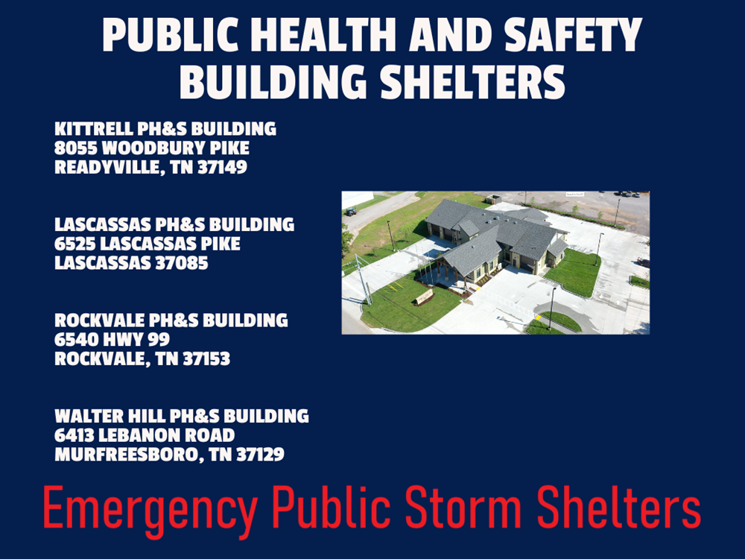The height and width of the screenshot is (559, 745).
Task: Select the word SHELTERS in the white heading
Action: pyautogui.click(x=472, y=81)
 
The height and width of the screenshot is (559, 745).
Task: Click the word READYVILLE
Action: pyautogui.click(x=107, y=167)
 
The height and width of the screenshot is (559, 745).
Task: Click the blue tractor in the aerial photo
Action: pyautogui.click(x=351, y=211)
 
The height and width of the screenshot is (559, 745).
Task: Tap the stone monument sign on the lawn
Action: pyautogui.click(x=424, y=297)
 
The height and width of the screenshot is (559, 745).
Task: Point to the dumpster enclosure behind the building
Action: pyautogui.click(x=493, y=199)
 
